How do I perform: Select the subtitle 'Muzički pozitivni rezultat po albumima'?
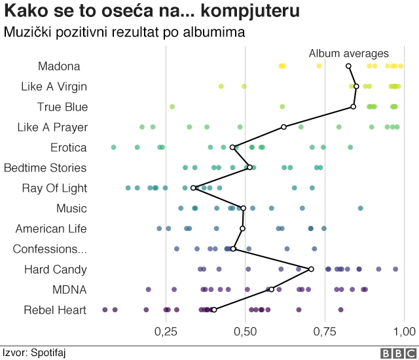(x=124, y=31)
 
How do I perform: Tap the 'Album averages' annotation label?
(x=348, y=54)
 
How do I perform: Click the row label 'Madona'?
(x=59, y=66)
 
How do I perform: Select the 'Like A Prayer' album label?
(x=52, y=127)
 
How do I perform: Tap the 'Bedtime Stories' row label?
(x=45, y=168)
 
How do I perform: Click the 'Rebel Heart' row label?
(x=55, y=310)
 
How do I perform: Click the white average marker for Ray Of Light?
(x=194, y=188)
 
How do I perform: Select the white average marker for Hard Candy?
(x=311, y=269)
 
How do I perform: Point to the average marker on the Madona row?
(x=348, y=66)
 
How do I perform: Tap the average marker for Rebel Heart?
(x=214, y=310)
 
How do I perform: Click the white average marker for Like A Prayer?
(x=283, y=127)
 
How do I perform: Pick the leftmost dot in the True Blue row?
(x=172, y=107)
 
